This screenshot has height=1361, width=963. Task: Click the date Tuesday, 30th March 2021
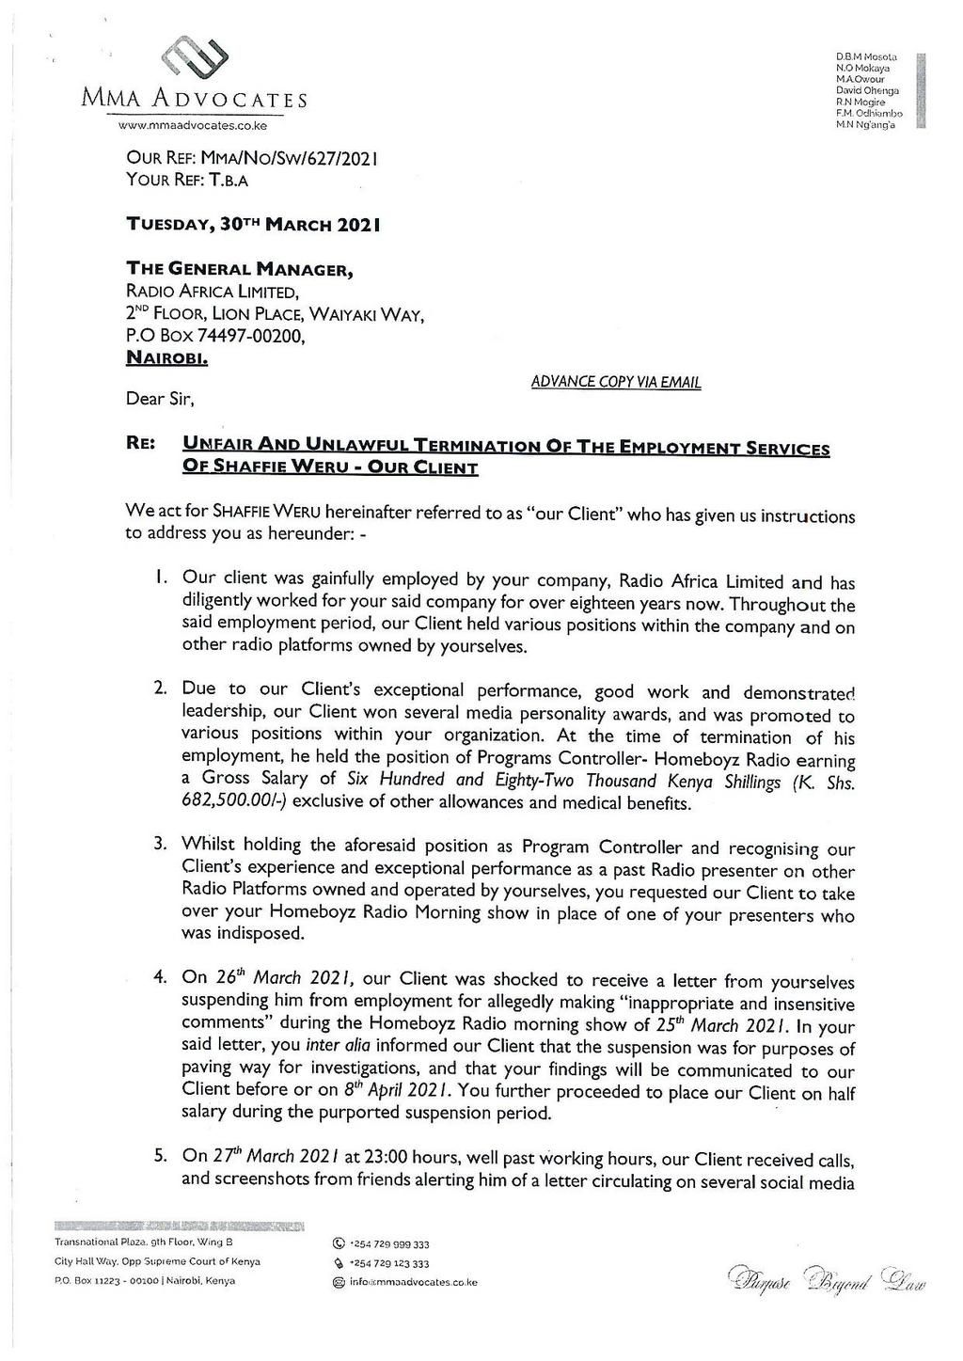pyautogui.click(x=254, y=226)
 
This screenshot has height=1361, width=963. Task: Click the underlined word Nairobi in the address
pyautogui.click(x=167, y=358)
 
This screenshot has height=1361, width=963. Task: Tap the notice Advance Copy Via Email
pyautogui.click(x=616, y=382)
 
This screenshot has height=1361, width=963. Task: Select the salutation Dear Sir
pyautogui.click(x=160, y=400)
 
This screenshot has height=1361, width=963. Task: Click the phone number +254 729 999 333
pyautogui.click(x=388, y=1243)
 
